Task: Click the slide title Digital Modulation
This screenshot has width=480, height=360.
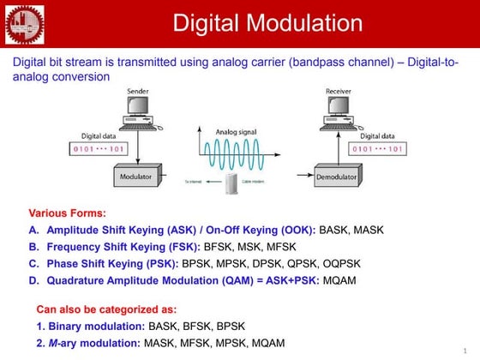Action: pyautogui.click(x=267, y=23)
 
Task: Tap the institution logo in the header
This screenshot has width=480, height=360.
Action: pyautogui.click(x=23, y=23)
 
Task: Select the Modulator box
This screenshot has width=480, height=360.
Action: pyautogui.click(x=138, y=177)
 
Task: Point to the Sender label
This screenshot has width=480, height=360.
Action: pyautogui.click(x=137, y=91)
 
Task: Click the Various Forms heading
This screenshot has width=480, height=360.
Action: pyautogui.click(x=68, y=213)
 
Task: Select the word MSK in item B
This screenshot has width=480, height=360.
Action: pyautogui.click(x=257, y=247)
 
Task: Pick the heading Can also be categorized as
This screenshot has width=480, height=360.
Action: pyautogui.click(x=106, y=309)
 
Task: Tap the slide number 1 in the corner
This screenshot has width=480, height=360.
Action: pyautogui.click(x=473, y=351)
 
